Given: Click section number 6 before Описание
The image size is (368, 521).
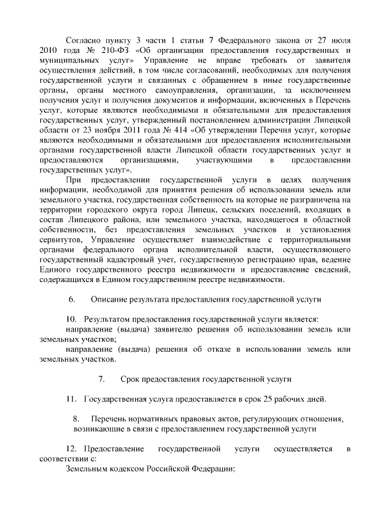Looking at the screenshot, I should (72, 299).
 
